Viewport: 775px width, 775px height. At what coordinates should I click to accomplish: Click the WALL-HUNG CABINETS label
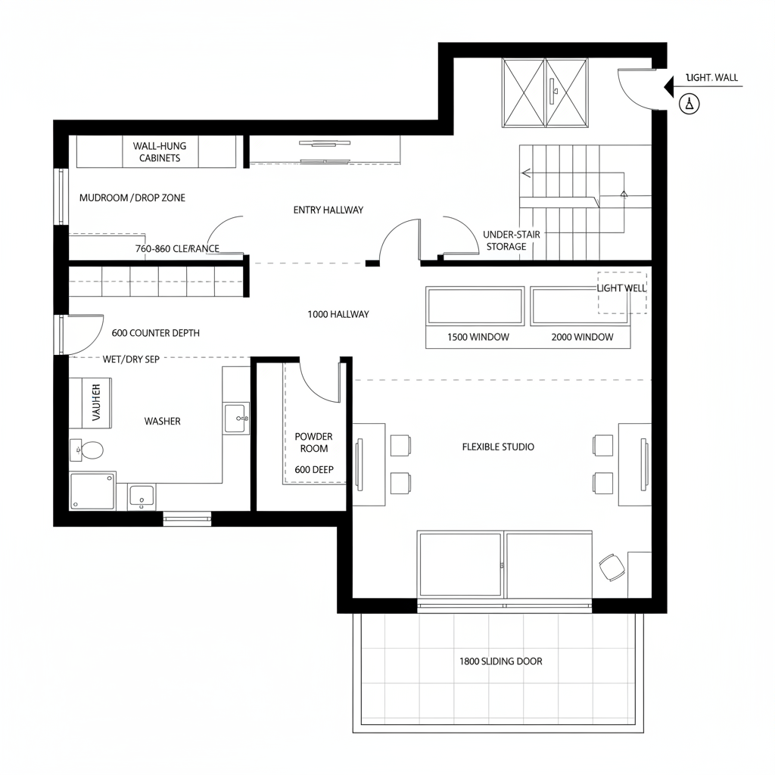160,151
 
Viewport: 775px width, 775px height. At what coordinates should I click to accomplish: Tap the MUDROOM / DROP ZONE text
132,198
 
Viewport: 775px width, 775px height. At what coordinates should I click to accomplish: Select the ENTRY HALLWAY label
328,210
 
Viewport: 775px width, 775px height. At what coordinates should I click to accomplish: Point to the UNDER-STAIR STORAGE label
511,241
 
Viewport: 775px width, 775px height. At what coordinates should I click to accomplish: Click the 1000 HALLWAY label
338,313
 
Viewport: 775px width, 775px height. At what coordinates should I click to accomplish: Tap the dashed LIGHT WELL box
622,293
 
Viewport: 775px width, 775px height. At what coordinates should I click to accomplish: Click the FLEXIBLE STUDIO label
498,447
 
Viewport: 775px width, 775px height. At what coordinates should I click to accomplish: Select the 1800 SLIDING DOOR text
500,661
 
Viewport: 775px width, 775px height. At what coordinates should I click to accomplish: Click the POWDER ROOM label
313,443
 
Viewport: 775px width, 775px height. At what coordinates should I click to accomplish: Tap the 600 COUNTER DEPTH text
155,332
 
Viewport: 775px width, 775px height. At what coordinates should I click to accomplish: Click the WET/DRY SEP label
131,359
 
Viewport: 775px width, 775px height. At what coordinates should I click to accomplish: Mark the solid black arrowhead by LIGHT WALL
668,87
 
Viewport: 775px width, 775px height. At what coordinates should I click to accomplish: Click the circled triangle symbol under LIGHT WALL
689,103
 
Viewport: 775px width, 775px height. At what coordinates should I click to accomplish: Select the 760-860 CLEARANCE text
177,248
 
